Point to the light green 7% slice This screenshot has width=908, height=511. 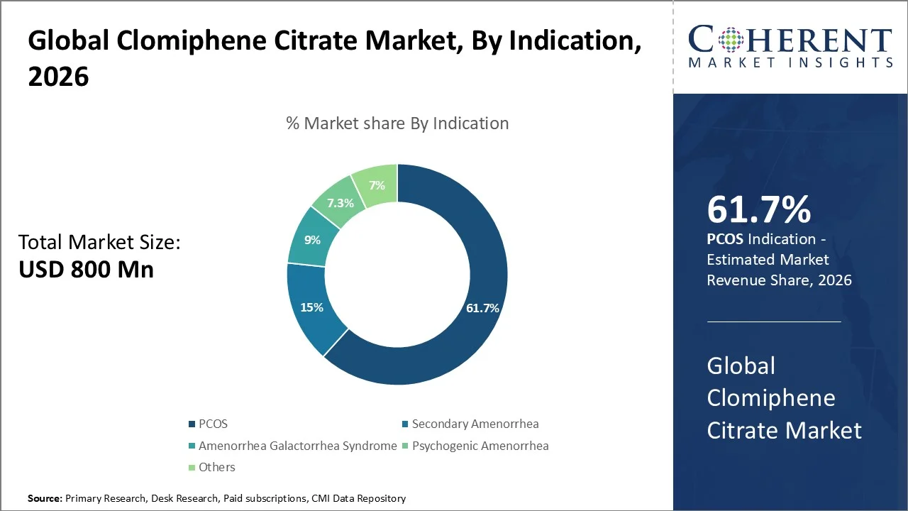tap(377, 185)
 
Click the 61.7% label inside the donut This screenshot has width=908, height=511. tap(482, 308)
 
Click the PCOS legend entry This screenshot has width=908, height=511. tap(213, 424)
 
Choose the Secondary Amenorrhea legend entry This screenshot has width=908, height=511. tap(475, 424)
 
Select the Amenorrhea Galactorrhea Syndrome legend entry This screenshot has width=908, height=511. tap(297, 446)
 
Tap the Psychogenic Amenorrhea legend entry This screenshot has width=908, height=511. tap(480, 446)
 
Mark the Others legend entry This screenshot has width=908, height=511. tap(216, 467)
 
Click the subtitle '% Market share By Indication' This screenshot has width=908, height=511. tap(397, 123)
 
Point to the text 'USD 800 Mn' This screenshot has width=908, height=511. tap(86, 270)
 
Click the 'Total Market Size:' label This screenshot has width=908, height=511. tap(99, 243)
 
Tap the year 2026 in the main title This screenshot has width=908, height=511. tap(58, 77)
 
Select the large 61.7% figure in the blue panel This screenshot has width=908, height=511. tap(758, 210)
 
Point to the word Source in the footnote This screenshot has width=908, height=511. tap(45, 498)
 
